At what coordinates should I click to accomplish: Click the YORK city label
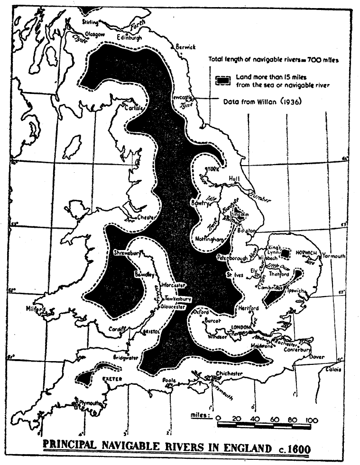pos(211,170)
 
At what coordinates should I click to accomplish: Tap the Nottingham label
pos(208,239)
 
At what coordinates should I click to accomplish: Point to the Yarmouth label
pos(334,256)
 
